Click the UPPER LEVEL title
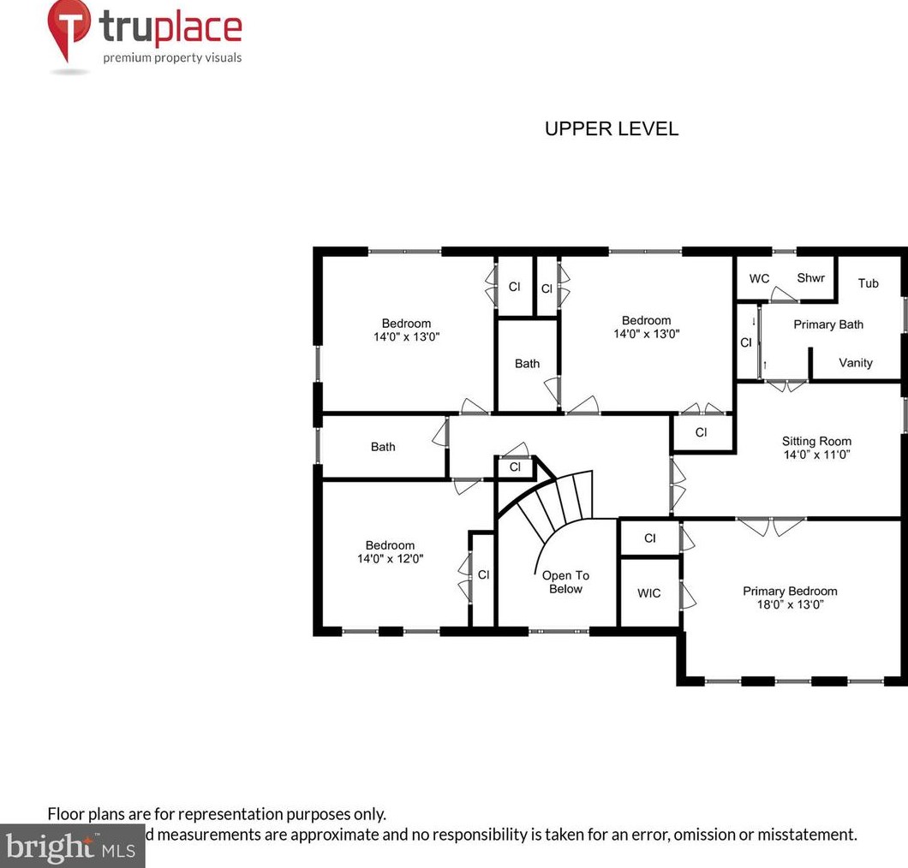(x=612, y=129)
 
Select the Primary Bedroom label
(x=789, y=591)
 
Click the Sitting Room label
(x=816, y=442)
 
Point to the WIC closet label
(x=649, y=593)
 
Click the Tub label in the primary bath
(x=868, y=283)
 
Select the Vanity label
(x=855, y=363)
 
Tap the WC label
(x=759, y=279)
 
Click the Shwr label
(x=810, y=278)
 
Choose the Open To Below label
(x=565, y=582)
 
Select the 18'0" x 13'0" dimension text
(x=789, y=604)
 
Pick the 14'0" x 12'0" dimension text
(x=390, y=559)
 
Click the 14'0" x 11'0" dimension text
(x=816, y=455)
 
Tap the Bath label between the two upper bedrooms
(x=527, y=364)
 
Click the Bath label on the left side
(x=383, y=447)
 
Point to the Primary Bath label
(x=827, y=324)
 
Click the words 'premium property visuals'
(x=172, y=58)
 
